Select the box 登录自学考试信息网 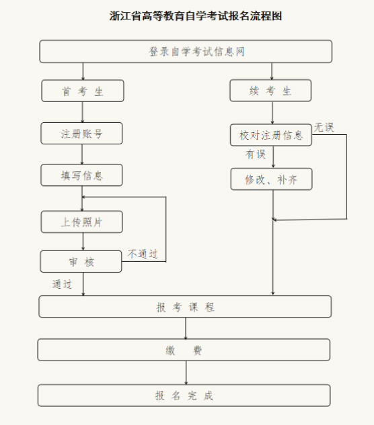tap(186, 52)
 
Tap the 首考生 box tap(83, 91)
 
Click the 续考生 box tap(270, 91)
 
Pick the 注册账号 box tap(81, 134)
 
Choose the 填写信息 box tap(81, 175)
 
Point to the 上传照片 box tap(81, 222)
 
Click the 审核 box tap(81, 261)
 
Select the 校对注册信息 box tap(271, 135)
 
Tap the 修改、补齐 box tap(271, 179)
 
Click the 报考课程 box tap(185, 307)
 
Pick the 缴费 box tap(184, 350)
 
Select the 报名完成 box tap(184, 395)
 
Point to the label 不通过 tap(143, 253)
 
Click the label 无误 tap(324, 127)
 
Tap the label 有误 tap(256, 154)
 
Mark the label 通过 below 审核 tap(62, 284)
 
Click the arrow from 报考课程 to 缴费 tap(186, 328)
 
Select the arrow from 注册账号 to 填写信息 tap(82, 154)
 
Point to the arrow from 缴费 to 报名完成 tap(186, 373)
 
